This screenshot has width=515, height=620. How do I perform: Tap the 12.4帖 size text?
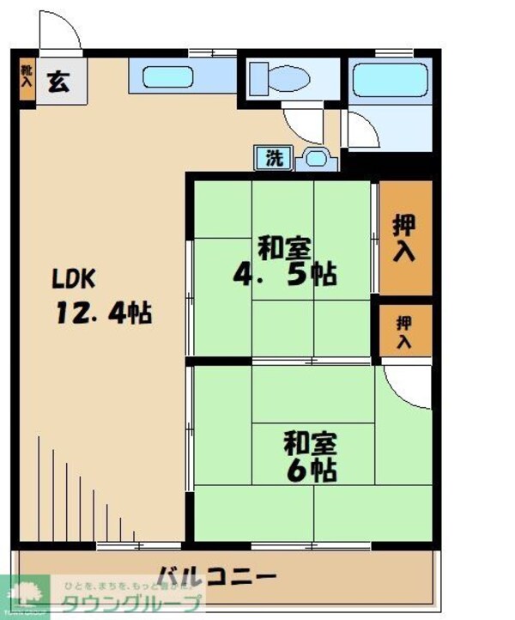tap(105, 313)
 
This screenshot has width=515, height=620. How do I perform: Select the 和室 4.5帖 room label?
tap(285, 262)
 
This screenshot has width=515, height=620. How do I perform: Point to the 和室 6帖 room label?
tap(311, 457)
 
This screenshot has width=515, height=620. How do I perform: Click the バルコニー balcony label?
tap(217, 574)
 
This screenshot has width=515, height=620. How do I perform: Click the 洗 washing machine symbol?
tap(274, 158)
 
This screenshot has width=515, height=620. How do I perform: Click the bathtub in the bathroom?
tap(390, 82)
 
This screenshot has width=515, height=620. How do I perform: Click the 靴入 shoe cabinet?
tap(27, 78)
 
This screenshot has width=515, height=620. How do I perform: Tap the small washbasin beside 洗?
tap(315, 159)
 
